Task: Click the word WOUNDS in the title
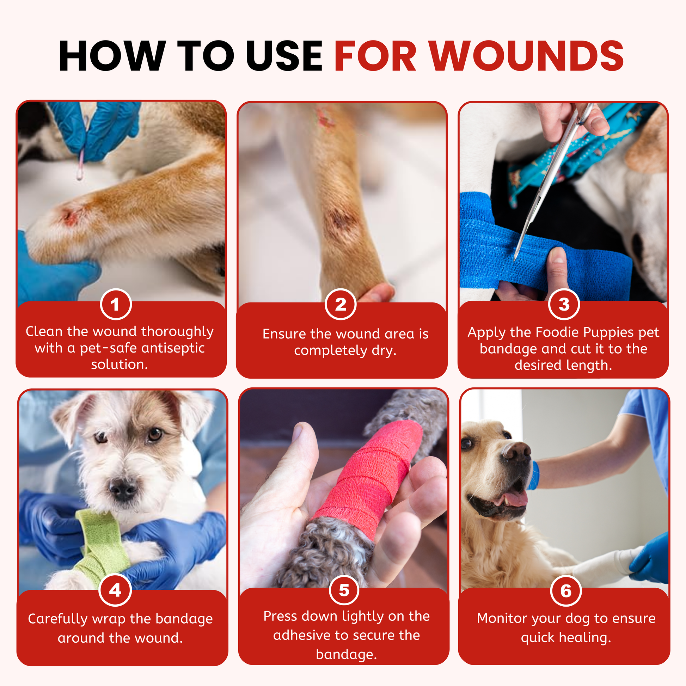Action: pos(527,56)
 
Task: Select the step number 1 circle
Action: pos(116,304)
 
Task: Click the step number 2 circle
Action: pos(341,304)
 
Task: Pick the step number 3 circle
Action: pos(564,304)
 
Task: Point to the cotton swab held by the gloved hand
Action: pos(81,163)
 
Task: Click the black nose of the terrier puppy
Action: pos(123,489)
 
